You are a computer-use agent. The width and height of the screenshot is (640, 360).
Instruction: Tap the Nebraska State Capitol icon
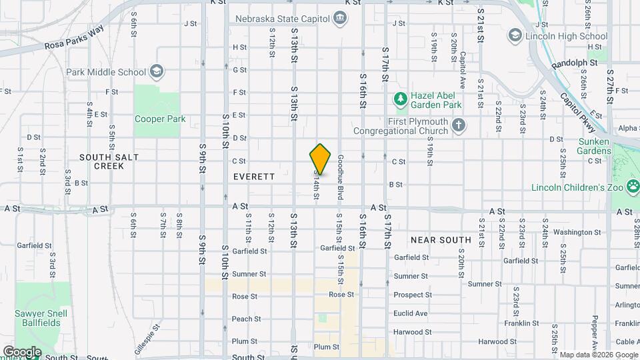[341, 17]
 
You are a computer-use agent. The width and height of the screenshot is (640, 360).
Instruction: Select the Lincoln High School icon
[515, 34]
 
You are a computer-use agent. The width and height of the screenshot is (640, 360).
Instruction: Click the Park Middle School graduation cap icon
[156, 72]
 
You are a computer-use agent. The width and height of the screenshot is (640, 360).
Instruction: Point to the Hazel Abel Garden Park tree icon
[400, 100]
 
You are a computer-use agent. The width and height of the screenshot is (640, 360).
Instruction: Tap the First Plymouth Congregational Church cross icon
[458, 125]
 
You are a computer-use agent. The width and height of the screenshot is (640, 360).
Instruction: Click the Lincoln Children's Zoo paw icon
[631, 187]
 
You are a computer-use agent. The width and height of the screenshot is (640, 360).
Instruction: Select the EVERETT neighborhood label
[254, 177]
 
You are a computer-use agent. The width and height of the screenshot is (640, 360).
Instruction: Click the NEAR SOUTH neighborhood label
[441, 239]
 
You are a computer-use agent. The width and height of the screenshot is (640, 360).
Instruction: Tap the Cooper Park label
[160, 119]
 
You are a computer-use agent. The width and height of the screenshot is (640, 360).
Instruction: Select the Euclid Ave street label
[411, 313]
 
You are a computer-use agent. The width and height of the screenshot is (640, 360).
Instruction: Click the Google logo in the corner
[22, 351]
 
